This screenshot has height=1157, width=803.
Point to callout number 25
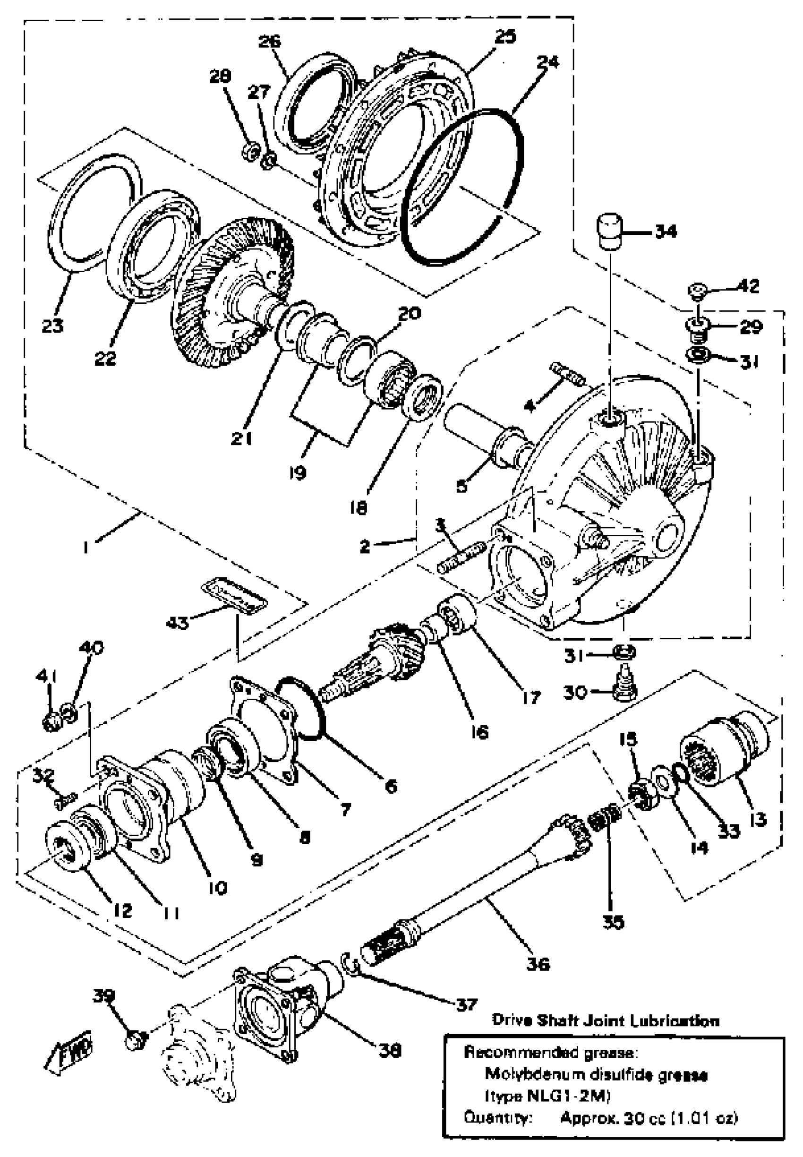(x=504, y=37)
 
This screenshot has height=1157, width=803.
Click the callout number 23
(x=52, y=326)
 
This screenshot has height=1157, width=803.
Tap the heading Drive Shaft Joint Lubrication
(x=605, y=1020)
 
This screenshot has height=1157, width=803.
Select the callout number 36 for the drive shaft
(x=538, y=964)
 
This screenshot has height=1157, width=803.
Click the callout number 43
(x=177, y=623)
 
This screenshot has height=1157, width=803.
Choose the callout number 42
(x=748, y=286)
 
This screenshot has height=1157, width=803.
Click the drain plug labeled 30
(x=624, y=684)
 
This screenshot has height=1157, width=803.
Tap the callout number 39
(x=103, y=996)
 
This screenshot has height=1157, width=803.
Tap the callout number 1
(x=86, y=548)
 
